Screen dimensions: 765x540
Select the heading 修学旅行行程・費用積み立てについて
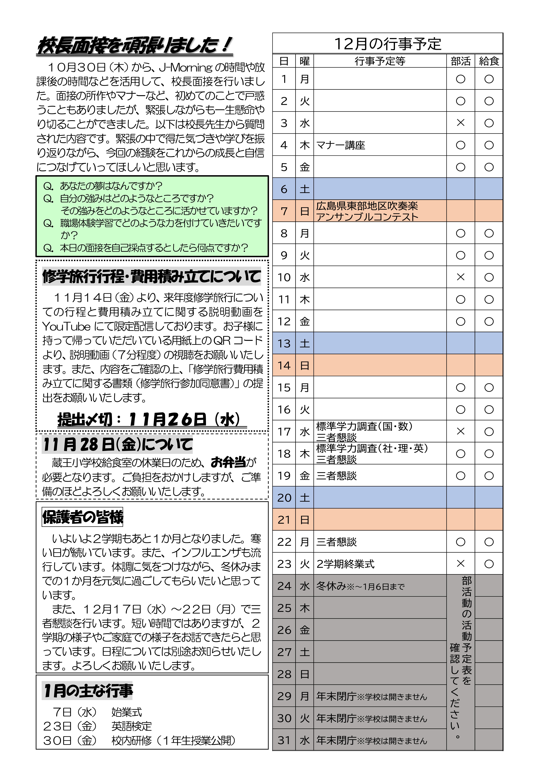(x=152, y=277)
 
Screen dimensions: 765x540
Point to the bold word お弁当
(x=228, y=462)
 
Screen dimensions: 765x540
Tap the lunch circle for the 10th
(x=489, y=277)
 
